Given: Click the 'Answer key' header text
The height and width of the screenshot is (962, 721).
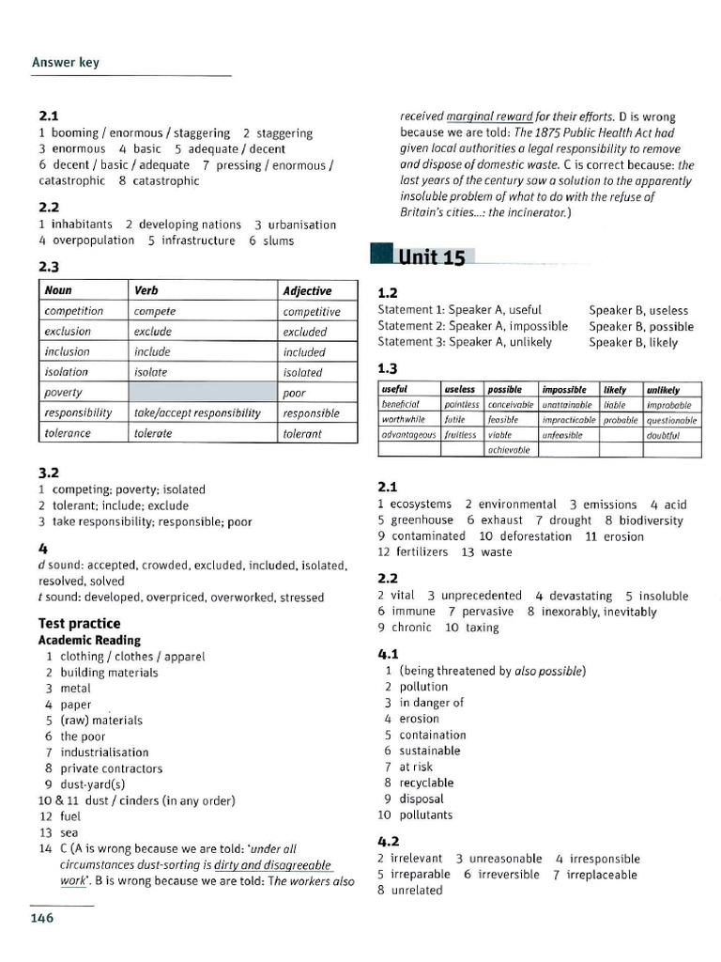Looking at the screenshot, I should click(66, 63).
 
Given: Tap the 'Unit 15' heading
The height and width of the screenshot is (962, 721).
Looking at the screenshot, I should click(431, 257).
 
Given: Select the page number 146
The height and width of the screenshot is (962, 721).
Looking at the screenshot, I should click(42, 918).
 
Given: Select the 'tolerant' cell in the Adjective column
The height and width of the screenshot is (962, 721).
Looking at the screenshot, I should click(302, 434).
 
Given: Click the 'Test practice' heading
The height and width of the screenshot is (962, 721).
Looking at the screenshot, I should click(79, 623).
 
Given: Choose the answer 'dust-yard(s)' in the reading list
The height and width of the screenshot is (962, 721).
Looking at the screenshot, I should click(93, 784).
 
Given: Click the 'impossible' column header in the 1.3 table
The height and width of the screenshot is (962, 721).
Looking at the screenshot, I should click(564, 389).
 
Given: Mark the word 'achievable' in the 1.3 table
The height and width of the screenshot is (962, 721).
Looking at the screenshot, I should click(510, 450).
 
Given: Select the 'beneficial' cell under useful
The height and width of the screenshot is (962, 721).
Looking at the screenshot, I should click(401, 405).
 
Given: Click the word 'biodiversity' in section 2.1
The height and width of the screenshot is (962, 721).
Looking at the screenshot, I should click(651, 520).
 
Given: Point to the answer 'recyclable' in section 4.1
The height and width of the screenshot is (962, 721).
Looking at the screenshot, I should click(426, 783).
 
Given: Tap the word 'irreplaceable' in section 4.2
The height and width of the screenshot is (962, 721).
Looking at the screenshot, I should click(602, 875).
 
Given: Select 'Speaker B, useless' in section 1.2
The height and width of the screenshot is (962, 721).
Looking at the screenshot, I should click(638, 310).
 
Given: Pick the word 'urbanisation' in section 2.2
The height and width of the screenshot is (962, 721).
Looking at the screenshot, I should click(301, 225).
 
